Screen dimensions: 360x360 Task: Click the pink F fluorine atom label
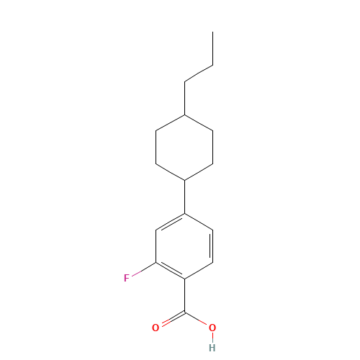point(127,276)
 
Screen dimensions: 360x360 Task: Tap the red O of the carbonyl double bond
point(156,328)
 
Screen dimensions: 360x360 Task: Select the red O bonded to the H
point(212,328)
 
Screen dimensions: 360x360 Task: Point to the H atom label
point(212,347)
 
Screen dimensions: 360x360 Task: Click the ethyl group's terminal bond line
point(199,73)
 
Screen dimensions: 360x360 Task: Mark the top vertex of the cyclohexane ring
point(185,115)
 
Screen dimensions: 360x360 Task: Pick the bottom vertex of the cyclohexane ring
point(185,180)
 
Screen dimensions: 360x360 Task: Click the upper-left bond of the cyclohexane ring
point(171,123)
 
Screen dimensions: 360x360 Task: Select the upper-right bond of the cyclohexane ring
point(199,123)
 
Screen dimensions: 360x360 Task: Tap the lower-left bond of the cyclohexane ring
point(171,172)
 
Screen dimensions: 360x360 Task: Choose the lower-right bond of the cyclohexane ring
point(199,172)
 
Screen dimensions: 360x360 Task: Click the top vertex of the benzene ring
point(185,214)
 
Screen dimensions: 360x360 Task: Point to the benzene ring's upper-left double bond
point(171,222)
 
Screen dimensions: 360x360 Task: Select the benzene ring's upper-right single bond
point(199,222)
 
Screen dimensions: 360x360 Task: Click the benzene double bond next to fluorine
point(171,271)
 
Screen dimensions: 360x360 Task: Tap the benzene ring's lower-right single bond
point(199,271)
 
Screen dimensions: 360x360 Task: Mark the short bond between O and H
point(212,338)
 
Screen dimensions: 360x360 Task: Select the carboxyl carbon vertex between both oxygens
point(185,312)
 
